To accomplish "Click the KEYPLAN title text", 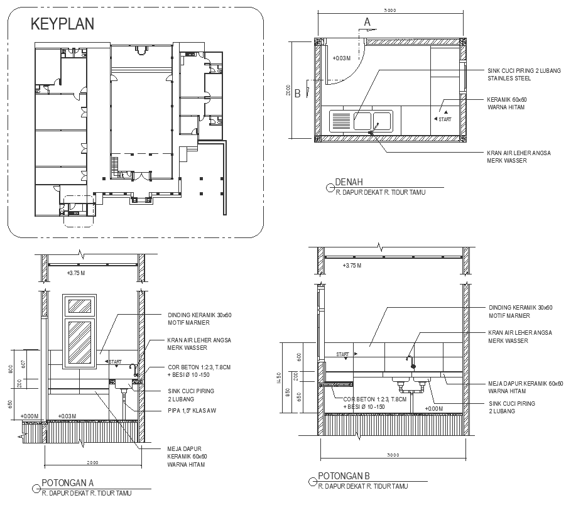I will click(x=63, y=24).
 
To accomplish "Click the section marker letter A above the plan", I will click(x=367, y=22).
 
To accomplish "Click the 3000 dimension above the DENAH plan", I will click(x=389, y=10).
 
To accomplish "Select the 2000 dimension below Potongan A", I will click(x=92, y=463).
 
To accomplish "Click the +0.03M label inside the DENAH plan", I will click(x=341, y=58).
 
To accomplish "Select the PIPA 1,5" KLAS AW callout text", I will click(x=191, y=410).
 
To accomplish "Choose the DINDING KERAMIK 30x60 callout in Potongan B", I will click(x=520, y=308).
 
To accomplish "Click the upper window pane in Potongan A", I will click(x=80, y=306).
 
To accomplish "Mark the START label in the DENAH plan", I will click(x=445, y=119).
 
